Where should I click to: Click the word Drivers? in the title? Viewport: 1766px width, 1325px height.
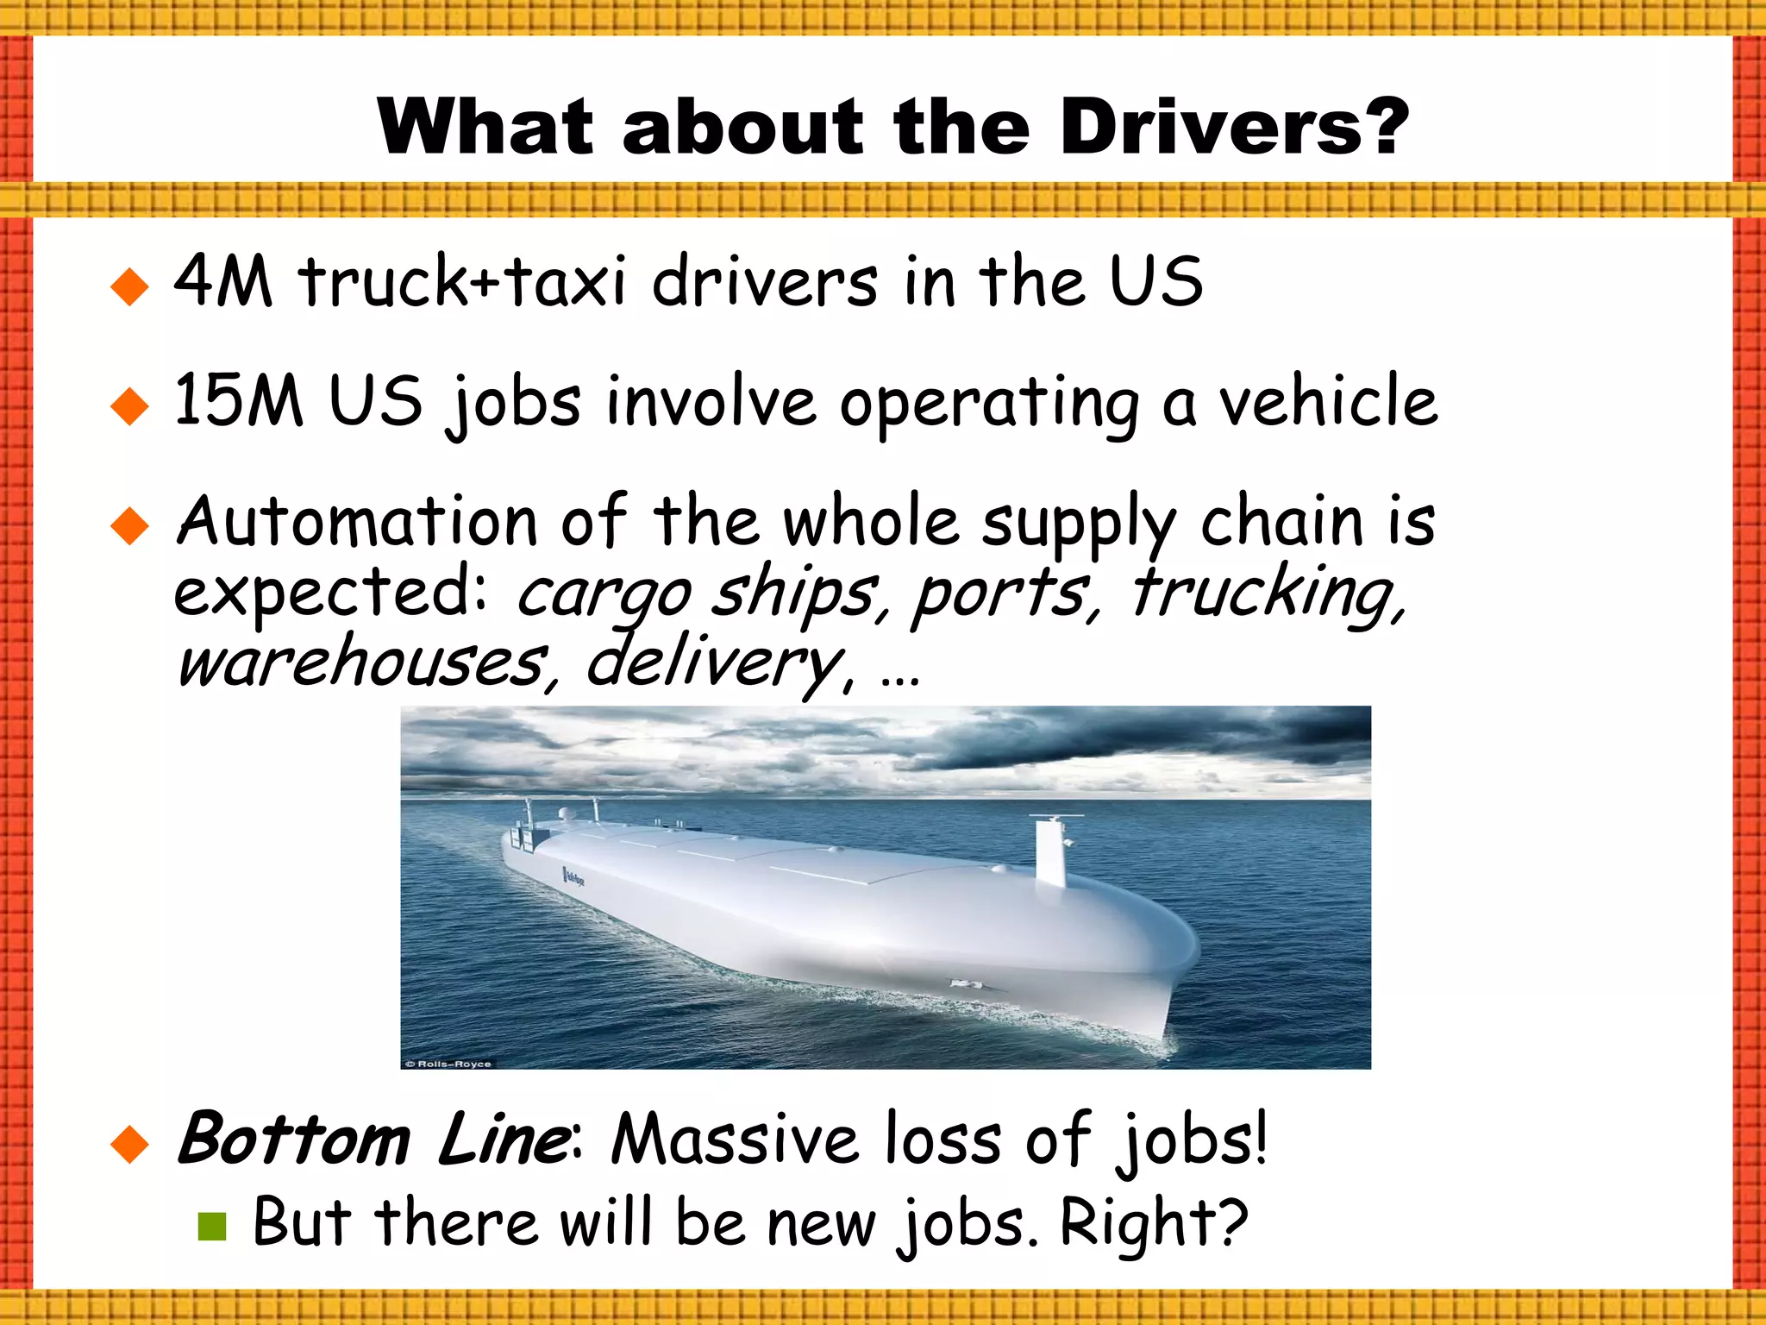point(1234,127)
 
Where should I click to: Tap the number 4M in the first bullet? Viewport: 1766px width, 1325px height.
point(222,281)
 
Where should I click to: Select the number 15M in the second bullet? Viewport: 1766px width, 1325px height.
point(239,400)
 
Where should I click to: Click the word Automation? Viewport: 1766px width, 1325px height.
point(357,522)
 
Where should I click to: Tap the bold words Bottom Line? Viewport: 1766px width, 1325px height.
point(372,1140)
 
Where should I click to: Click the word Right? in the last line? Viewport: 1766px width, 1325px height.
point(1154,1223)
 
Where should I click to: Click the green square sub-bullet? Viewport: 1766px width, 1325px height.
point(211,1226)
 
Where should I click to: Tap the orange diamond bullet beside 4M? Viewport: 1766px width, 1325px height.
point(130,286)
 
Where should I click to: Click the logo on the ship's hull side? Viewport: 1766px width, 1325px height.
point(573,878)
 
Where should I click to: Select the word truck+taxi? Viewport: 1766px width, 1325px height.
point(462,281)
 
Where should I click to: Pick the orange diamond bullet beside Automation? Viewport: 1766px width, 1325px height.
point(130,526)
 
